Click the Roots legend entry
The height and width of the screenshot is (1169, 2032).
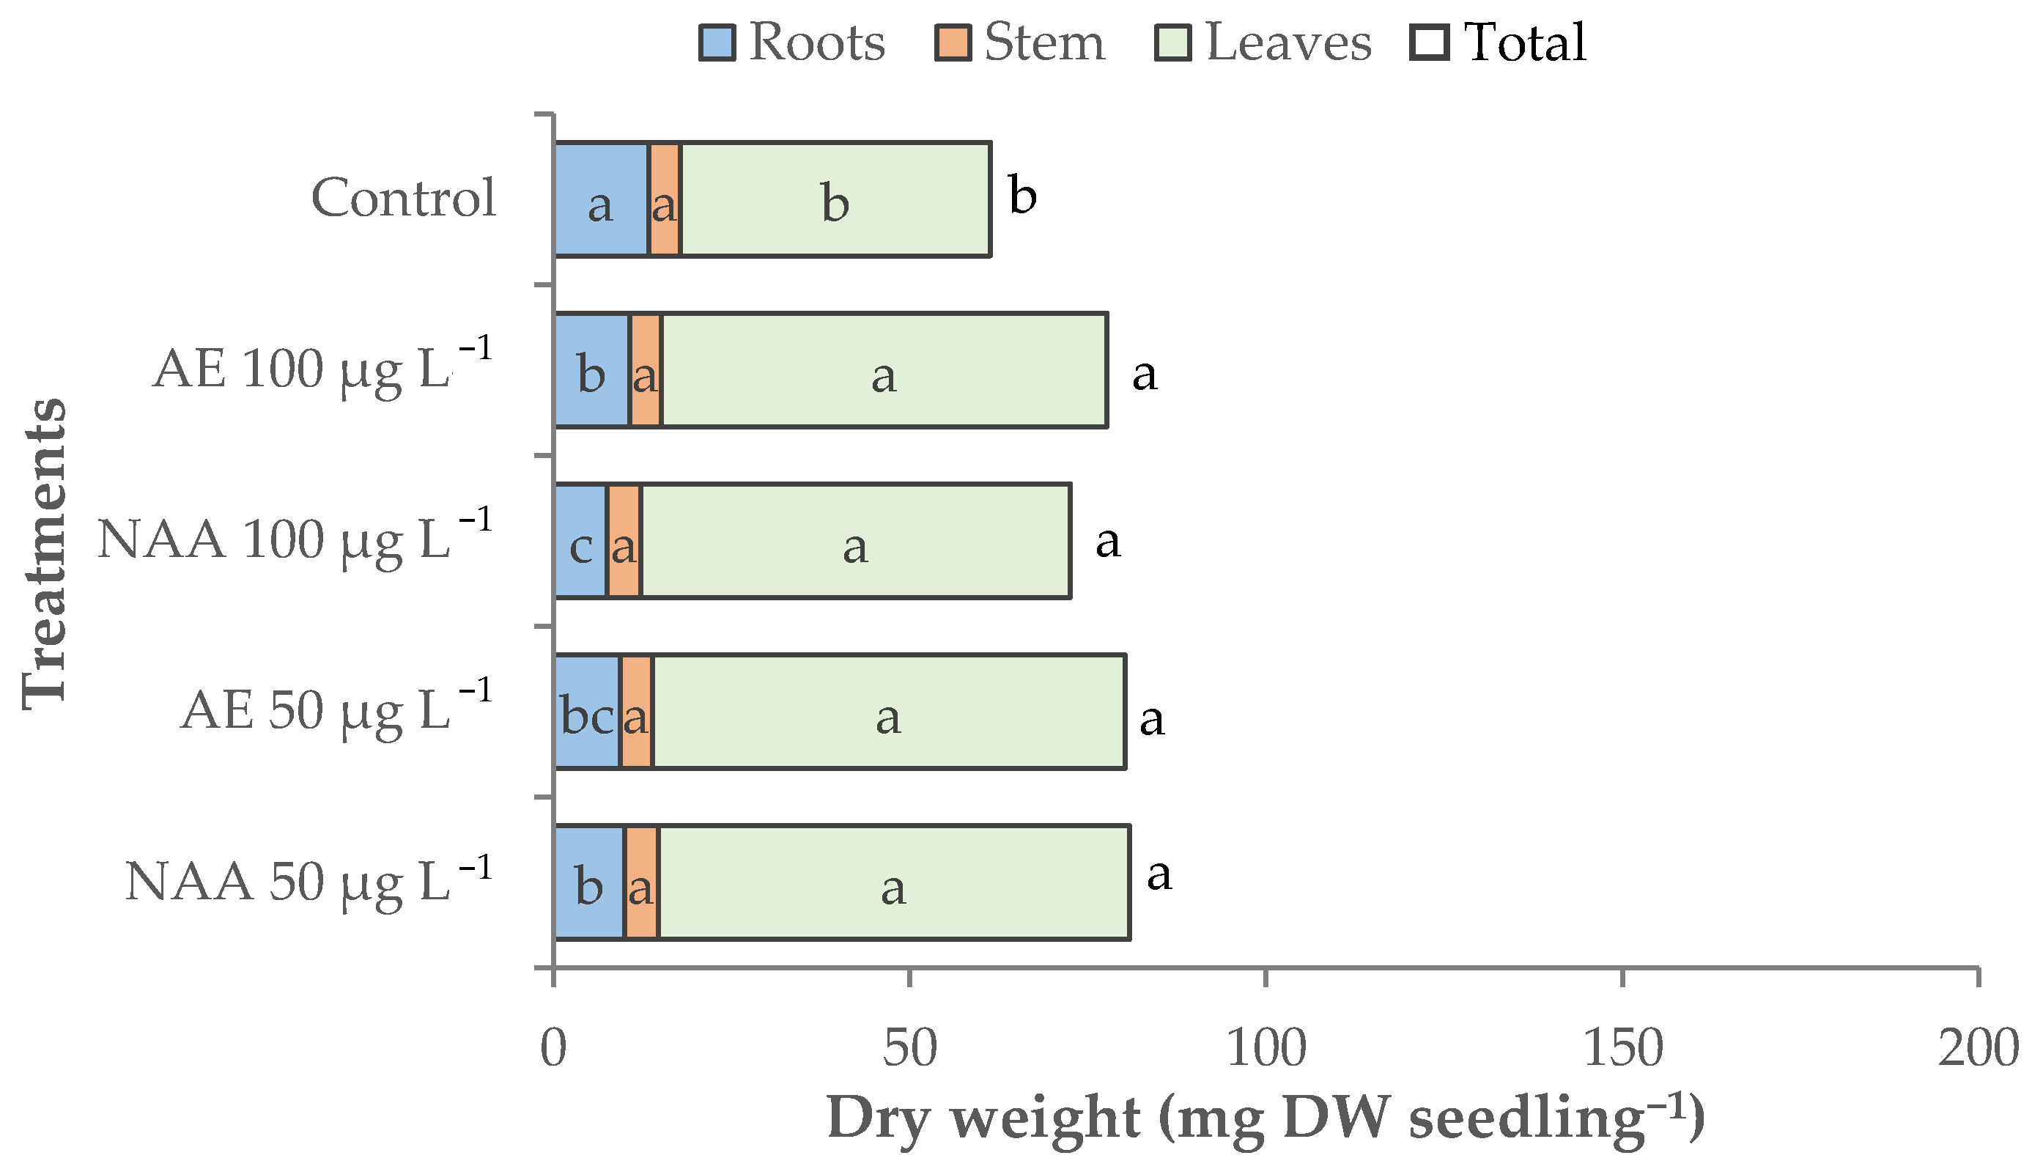[x=792, y=42]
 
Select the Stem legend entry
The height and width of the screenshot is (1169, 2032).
[x=1020, y=42]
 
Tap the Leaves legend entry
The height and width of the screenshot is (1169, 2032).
[x=1263, y=42]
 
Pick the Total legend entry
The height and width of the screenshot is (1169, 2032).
[x=1499, y=42]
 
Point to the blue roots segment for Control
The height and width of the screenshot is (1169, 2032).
[x=601, y=200]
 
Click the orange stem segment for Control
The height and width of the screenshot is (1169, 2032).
[x=665, y=200]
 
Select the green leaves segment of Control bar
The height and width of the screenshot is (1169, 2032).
[x=835, y=200]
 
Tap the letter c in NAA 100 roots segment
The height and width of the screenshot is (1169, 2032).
[x=581, y=547]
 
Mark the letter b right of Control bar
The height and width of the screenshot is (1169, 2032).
[x=1022, y=195]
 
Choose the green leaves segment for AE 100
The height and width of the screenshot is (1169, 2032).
[x=883, y=370]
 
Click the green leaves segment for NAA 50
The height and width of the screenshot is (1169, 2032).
[x=893, y=882]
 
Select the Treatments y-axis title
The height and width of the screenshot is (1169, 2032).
[x=44, y=554]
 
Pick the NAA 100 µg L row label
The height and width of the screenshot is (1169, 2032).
[x=293, y=539]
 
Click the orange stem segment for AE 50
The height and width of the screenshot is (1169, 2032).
[x=636, y=712]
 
